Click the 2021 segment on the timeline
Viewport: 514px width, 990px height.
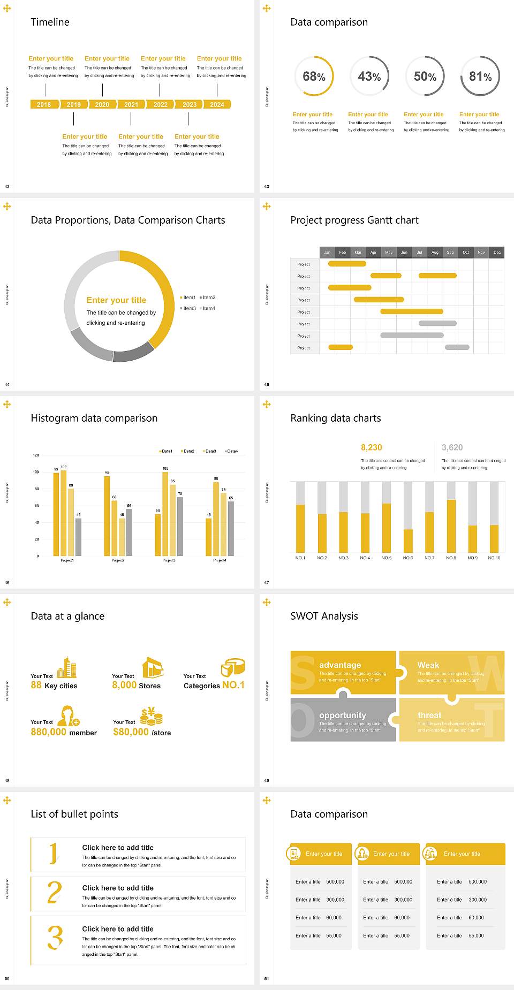click(x=131, y=105)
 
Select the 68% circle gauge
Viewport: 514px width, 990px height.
click(x=314, y=76)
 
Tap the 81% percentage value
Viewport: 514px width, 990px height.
click(x=480, y=77)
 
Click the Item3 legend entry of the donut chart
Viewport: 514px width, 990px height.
click(x=188, y=308)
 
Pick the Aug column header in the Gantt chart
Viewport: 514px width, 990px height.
click(x=435, y=252)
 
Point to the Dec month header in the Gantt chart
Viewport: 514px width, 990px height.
click(x=497, y=252)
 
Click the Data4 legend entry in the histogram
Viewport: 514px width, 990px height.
click(x=231, y=451)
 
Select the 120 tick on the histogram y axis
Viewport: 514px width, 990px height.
click(x=36, y=455)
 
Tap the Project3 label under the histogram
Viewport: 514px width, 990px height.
click(x=169, y=560)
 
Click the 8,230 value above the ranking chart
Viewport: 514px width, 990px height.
click(x=372, y=447)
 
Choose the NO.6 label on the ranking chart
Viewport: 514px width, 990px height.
click(x=408, y=558)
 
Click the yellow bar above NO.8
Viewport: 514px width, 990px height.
click(x=451, y=526)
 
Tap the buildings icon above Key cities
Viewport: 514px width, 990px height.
click(x=67, y=667)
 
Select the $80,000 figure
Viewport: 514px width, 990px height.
click(x=131, y=732)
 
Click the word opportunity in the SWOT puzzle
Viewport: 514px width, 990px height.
click(x=343, y=715)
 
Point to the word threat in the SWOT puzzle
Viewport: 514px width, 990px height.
click(x=429, y=715)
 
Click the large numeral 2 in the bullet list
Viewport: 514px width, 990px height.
click(x=55, y=893)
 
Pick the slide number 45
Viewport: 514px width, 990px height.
click(x=267, y=384)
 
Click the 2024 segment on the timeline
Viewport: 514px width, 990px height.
click(x=217, y=105)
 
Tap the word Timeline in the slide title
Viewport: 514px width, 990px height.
click(x=50, y=22)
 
